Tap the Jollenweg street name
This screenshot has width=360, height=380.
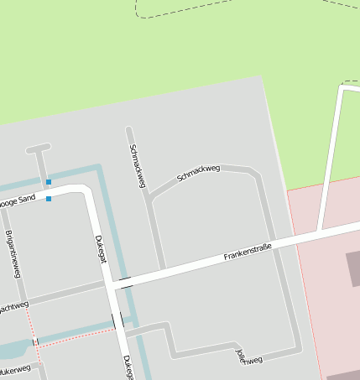pos(250,356)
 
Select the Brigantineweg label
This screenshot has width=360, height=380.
pos(13,253)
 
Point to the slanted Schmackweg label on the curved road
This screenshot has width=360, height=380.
pos(198,174)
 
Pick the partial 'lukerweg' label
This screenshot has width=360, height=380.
pos(15,369)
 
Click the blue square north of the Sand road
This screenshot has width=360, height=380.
pos(49,182)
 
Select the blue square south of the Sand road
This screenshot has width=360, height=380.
pos(49,199)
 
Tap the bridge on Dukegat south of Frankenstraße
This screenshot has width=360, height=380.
pos(117,320)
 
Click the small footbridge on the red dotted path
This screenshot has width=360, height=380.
pos(35,341)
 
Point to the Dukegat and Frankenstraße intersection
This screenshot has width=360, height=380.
pos(110,286)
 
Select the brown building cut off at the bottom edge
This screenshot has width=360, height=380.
pos(344,375)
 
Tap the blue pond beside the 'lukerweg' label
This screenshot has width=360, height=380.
pos(12,351)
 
